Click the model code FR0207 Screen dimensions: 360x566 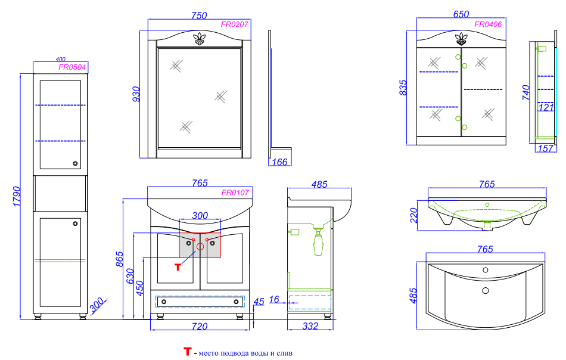234,24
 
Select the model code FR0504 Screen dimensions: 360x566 72,67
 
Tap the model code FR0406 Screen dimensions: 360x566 488,24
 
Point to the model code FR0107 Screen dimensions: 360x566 235,193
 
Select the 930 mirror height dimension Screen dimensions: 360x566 136,94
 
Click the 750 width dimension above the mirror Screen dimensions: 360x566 199,16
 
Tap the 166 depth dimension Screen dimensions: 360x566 279,162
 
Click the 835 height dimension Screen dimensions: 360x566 403,88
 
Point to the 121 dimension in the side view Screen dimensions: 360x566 546,108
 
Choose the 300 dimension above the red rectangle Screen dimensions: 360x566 200,215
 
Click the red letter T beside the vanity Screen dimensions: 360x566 178,267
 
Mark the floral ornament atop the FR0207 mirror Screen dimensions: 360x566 199,39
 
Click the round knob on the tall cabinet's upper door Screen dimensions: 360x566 75,163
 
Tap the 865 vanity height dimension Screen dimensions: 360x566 119,259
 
